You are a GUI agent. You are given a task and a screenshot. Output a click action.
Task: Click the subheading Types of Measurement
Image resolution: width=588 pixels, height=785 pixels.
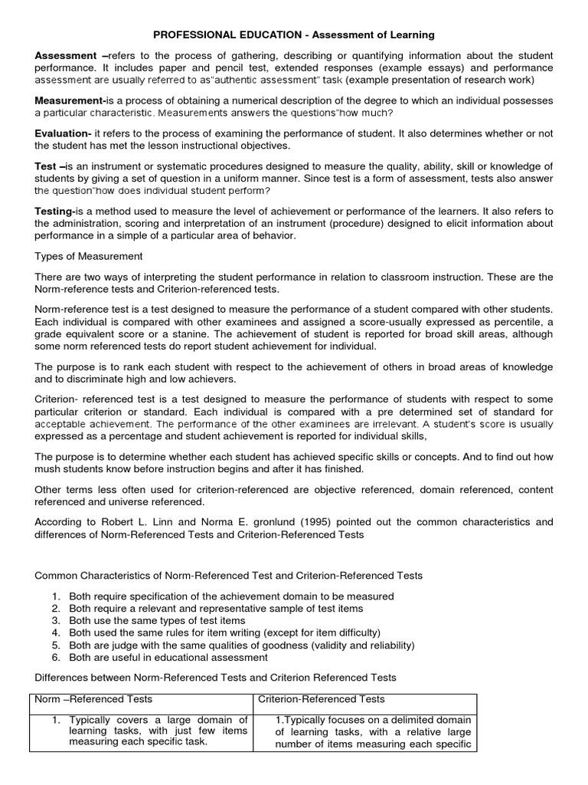click(x=89, y=256)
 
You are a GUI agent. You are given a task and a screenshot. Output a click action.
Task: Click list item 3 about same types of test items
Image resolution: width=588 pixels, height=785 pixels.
click(x=157, y=620)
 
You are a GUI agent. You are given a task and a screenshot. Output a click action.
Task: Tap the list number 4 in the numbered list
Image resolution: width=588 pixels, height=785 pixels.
click(x=56, y=632)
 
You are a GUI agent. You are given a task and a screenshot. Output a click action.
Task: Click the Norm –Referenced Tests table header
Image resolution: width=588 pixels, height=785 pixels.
click(x=93, y=699)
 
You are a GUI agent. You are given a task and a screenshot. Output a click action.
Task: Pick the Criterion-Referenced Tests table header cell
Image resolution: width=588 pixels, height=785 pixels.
click(x=322, y=699)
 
